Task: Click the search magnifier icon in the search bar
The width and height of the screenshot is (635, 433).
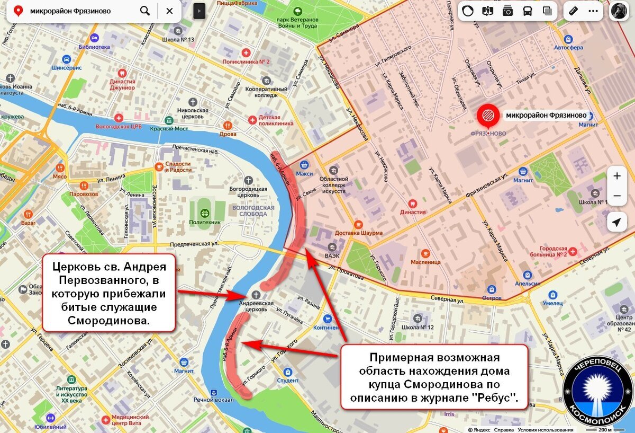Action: click(x=144, y=11)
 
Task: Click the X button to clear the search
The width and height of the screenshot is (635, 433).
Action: click(x=169, y=11)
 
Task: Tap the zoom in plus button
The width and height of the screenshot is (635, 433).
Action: click(x=616, y=176)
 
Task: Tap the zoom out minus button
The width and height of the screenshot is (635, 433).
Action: click(x=616, y=196)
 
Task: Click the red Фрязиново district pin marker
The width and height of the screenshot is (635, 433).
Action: click(x=487, y=115)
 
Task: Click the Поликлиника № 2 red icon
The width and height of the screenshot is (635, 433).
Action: click(x=246, y=52)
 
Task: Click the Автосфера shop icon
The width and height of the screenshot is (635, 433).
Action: click(x=568, y=39)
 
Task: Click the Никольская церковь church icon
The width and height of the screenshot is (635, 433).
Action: click(x=193, y=101)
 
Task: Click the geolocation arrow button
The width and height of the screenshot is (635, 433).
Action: click(x=616, y=223)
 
